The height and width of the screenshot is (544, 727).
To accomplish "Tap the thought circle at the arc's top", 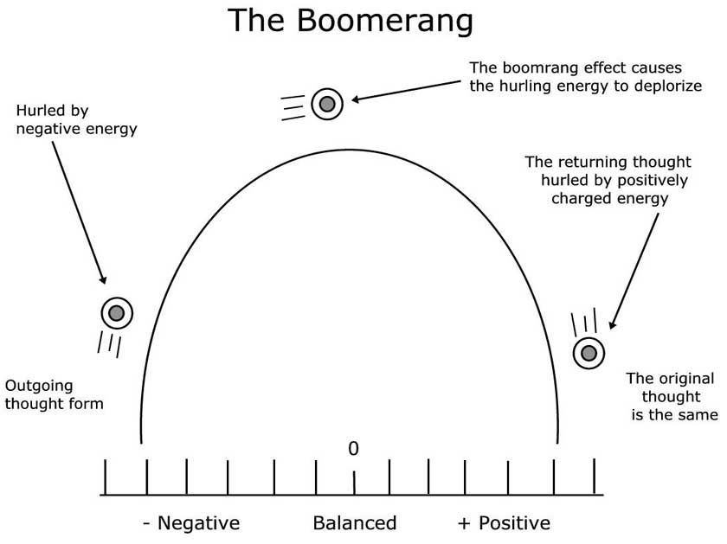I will (x=327, y=104).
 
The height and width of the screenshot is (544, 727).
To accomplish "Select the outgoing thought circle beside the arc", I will (x=117, y=312).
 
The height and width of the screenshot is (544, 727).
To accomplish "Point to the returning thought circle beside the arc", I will (x=589, y=352).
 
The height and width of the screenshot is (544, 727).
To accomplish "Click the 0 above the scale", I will (x=353, y=448).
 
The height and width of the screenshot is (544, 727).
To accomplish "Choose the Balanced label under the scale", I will (x=354, y=523).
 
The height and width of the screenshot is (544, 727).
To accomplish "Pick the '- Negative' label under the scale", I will (x=190, y=523).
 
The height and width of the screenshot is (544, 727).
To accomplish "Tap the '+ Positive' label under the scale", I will (x=504, y=523).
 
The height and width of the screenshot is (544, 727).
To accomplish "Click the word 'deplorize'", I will (x=666, y=86).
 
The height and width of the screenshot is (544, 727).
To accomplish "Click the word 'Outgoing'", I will (x=39, y=385).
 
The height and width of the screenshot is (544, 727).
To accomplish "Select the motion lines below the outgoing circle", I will (x=110, y=344).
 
